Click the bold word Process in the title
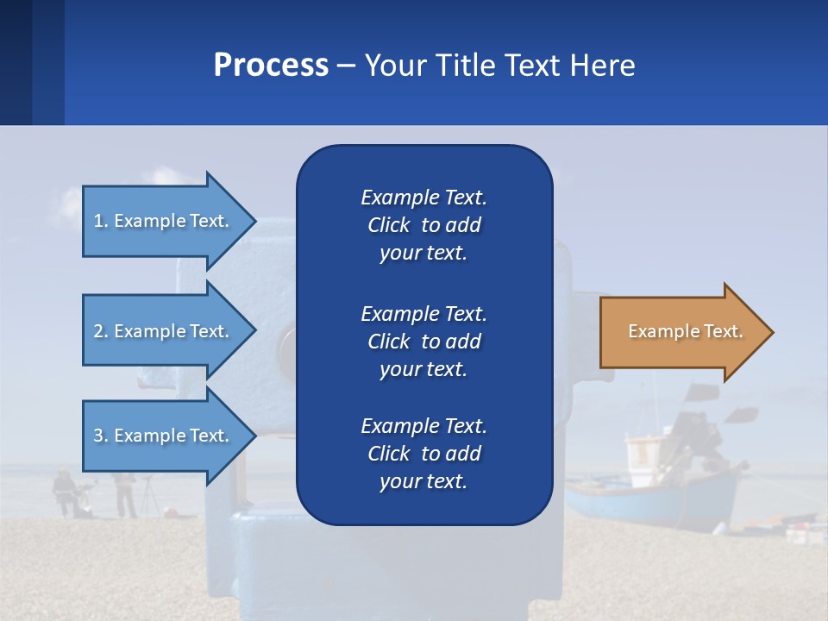[271, 65]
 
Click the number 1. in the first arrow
[100, 221]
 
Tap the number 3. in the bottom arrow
[100, 436]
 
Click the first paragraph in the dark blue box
[423, 225]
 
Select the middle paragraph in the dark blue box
[423, 341]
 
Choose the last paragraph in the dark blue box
[423, 454]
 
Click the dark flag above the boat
[703, 392]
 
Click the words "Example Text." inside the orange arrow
[685, 331]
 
